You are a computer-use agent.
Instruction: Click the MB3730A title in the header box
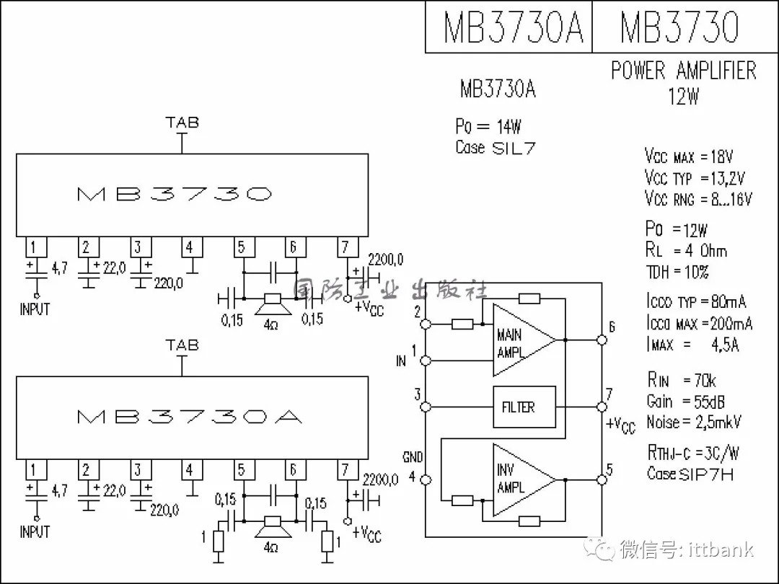512,27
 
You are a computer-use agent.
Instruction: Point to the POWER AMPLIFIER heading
683,71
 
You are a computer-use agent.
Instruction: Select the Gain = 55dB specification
685,402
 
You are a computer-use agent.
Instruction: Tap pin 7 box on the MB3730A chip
345,471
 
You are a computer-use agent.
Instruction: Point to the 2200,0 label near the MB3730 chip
385,260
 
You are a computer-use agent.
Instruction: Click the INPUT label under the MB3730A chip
35,532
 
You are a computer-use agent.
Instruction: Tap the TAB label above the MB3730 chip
182,123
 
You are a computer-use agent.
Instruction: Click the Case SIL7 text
495,148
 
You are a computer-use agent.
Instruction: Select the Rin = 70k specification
681,381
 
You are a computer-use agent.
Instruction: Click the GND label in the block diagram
413,458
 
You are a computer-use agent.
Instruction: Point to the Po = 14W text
488,127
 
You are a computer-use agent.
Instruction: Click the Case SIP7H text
690,474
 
